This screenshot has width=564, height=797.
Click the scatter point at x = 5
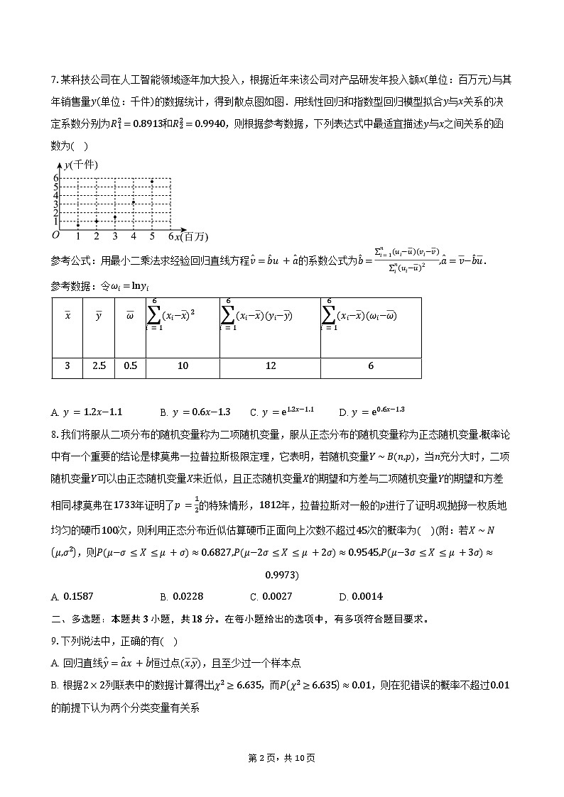[x=152, y=181]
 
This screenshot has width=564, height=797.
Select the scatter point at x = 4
[x=134, y=202]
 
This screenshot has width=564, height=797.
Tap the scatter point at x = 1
[x=78, y=225]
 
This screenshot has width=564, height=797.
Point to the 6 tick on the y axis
[x=55, y=178]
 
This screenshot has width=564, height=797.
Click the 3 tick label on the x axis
[x=115, y=236]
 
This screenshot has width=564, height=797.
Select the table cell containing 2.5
[x=99, y=366]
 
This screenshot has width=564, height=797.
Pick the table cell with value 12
[x=270, y=366]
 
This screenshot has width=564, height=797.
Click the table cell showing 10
[x=183, y=366]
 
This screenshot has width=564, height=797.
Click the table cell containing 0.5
[x=130, y=366]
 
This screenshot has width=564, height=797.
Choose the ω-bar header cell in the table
[x=130, y=317]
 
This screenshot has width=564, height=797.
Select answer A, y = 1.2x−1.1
[x=87, y=412]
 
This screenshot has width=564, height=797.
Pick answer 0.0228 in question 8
[x=186, y=596]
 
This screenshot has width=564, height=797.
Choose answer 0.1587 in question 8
[x=77, y=596]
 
